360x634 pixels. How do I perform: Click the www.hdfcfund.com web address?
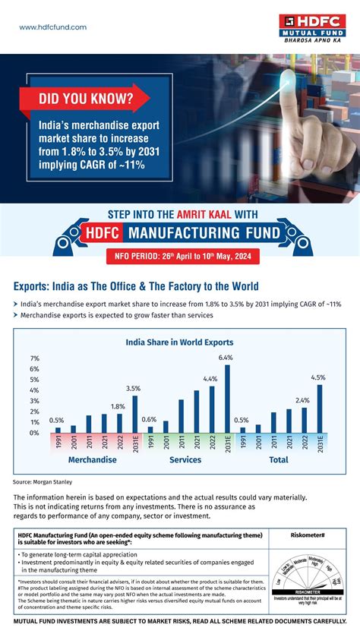52,27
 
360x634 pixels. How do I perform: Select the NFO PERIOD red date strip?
180,255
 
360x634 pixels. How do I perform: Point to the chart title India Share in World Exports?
179,342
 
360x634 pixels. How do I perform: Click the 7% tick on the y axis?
35,358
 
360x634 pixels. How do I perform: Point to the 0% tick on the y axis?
35,433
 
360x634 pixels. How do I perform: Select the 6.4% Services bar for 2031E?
226,399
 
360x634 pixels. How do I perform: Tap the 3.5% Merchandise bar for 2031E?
134,414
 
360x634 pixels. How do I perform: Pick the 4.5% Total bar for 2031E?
319,408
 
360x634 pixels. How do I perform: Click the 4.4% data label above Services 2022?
210,379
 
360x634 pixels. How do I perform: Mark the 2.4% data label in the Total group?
302,400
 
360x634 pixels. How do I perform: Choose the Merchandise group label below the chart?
92,460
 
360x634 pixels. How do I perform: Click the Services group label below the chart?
185,460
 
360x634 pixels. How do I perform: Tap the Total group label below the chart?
279,460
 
